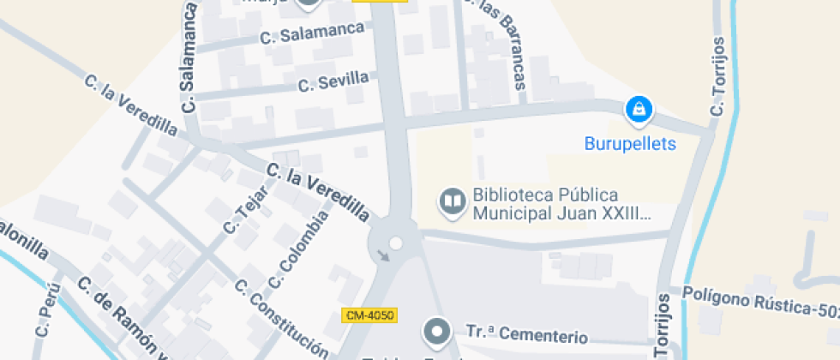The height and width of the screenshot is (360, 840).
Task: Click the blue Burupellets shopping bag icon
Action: (638, 109)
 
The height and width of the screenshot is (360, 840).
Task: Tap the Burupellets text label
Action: (630, 143)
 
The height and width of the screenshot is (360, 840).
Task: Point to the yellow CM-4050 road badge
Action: (369, 315)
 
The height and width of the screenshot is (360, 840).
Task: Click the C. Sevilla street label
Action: (333, 82)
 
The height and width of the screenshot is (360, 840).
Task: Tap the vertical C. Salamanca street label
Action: (190, 57)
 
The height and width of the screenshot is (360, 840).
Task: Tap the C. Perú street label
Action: (45, 315)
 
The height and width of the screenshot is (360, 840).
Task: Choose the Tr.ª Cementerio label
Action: (526, 333)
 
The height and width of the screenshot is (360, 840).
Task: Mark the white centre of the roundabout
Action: (395, 244)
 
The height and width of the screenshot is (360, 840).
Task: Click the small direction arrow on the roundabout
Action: (382, 255)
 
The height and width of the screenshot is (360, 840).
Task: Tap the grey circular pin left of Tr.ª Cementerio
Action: (438, 331)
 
